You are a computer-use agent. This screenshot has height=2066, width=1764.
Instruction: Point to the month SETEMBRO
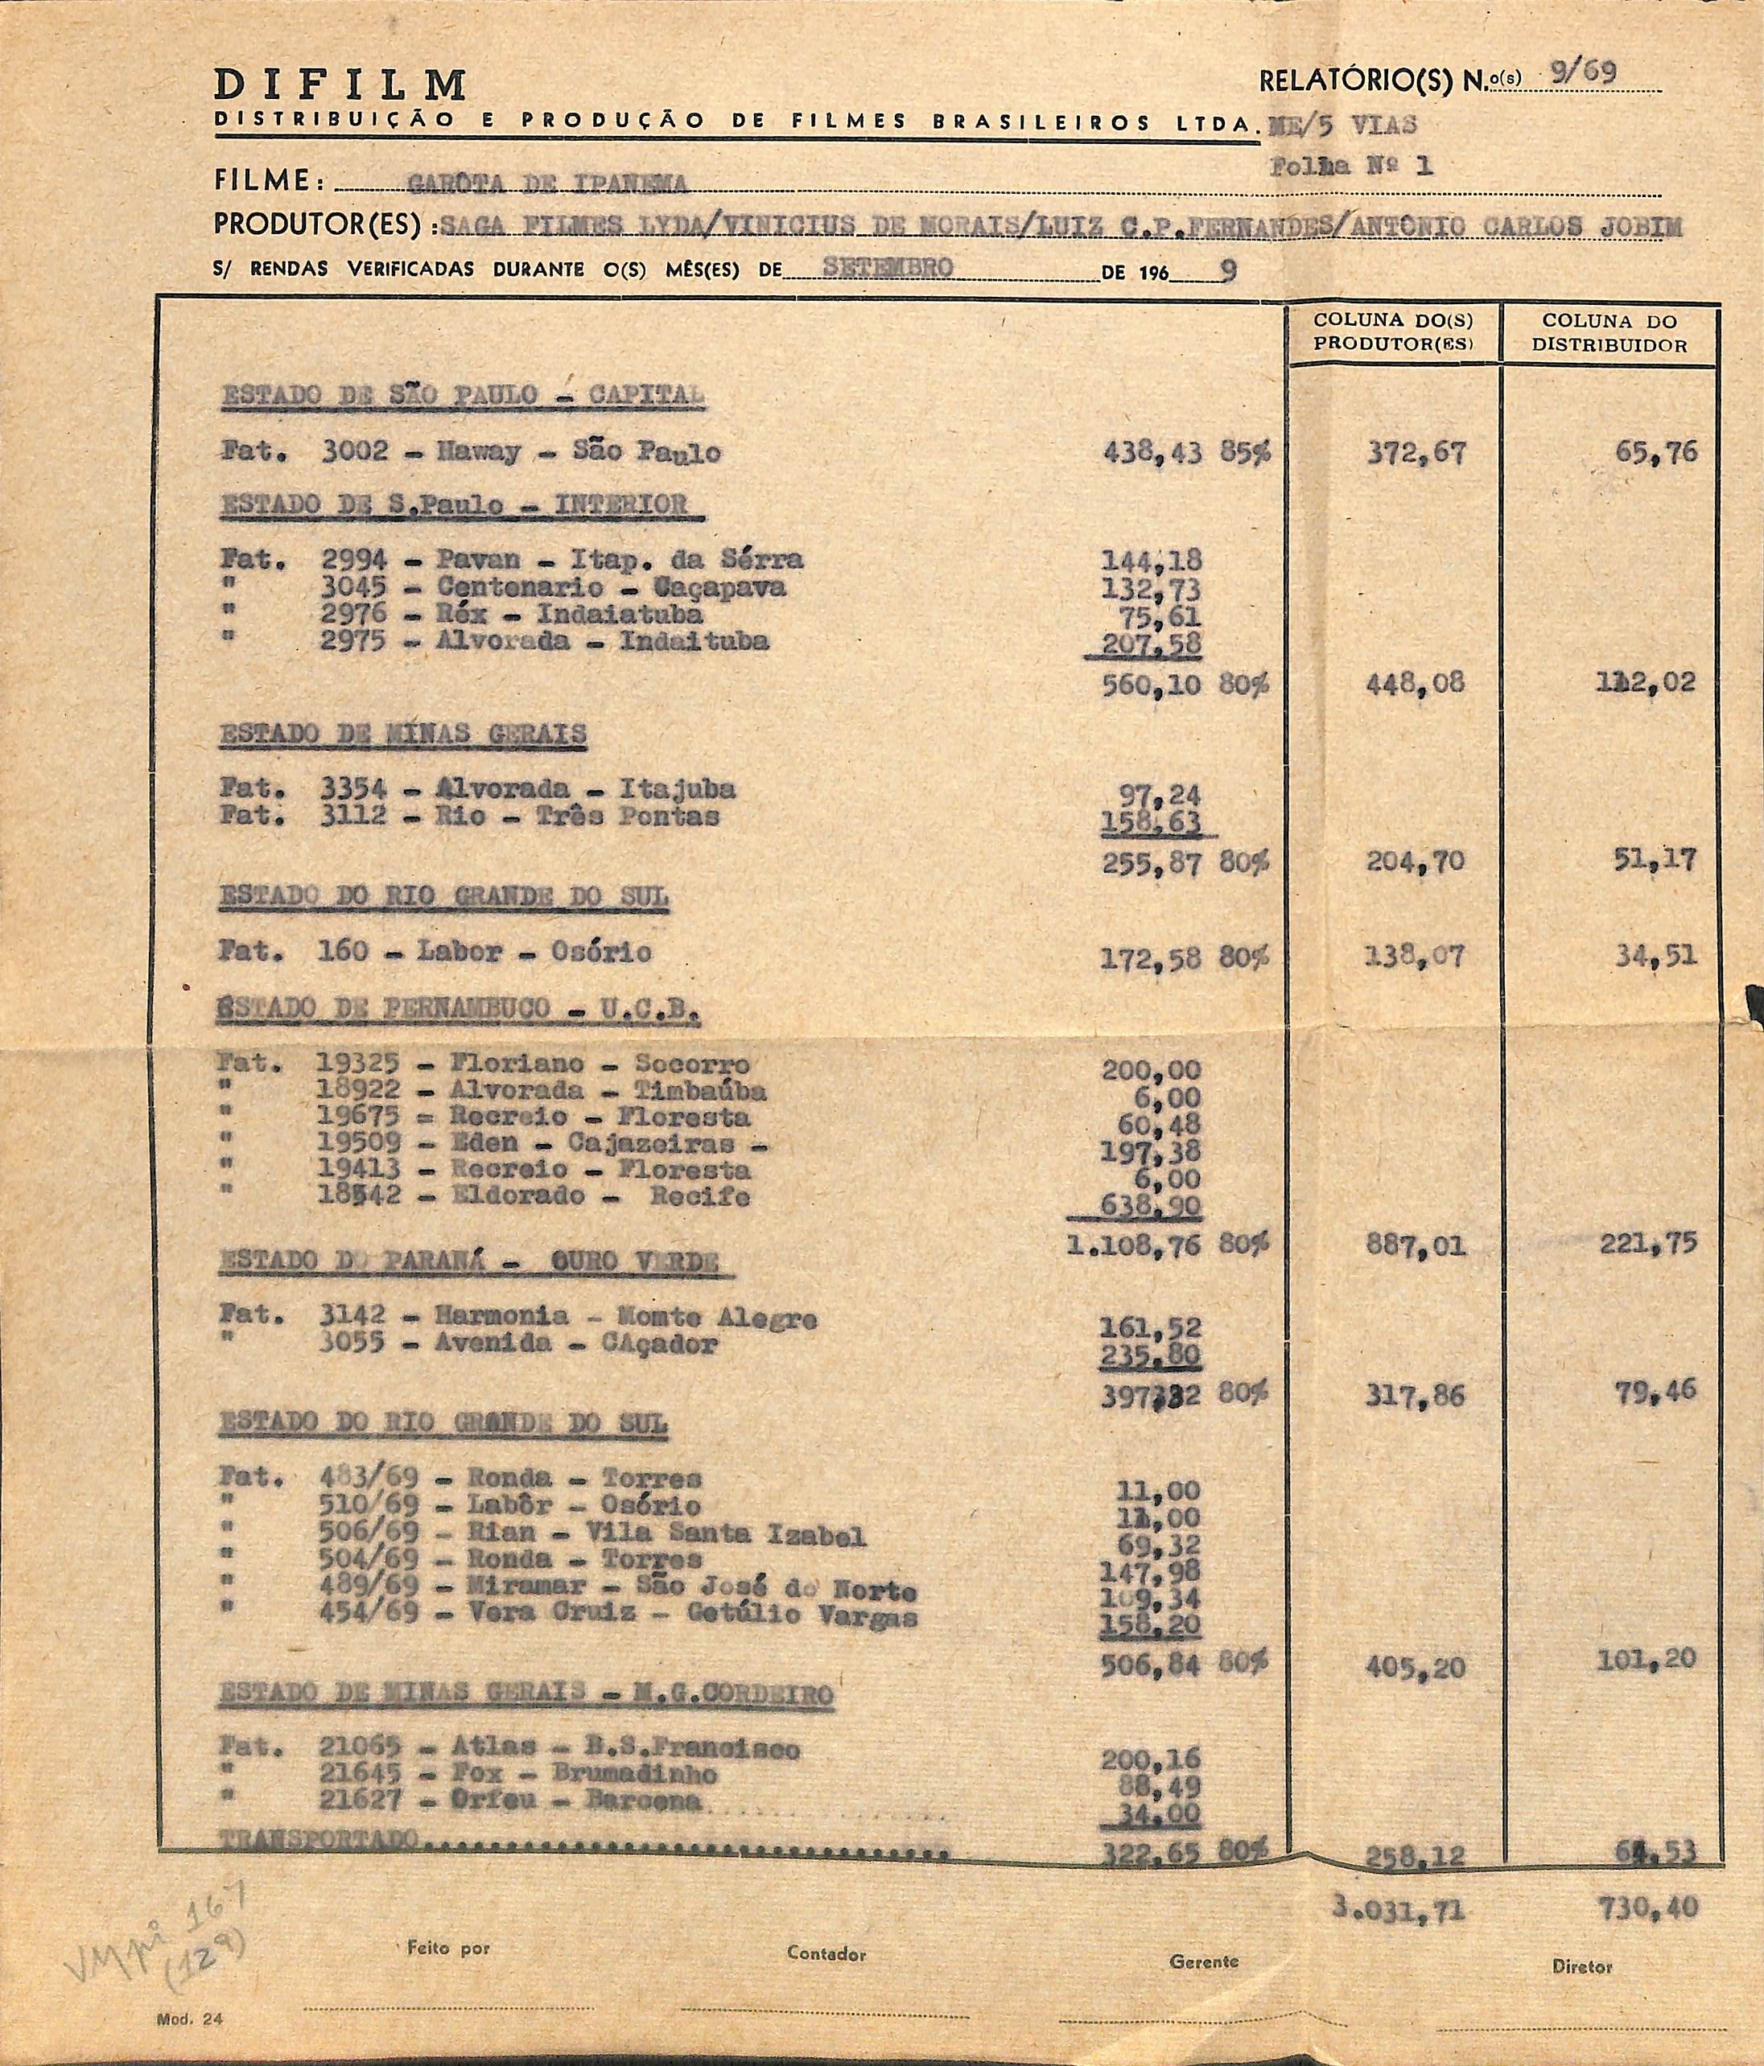tap(888, 267)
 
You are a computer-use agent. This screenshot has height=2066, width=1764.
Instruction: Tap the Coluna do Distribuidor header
tap(1609, 334)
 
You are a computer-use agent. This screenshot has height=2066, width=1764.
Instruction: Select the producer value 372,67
tap(1416, 453)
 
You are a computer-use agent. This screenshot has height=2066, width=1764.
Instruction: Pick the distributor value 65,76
tap(1656, 451)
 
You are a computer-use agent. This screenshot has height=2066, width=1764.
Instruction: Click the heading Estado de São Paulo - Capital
tap(462, 395)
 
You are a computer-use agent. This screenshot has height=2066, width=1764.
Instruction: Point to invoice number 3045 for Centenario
tap(353, 587)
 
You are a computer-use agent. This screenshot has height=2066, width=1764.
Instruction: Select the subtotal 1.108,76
tap(1133, 1244)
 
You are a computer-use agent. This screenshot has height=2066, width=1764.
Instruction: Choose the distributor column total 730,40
tap(1648, 1908)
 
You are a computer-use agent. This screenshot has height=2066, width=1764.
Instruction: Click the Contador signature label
tap(826, 1953)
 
